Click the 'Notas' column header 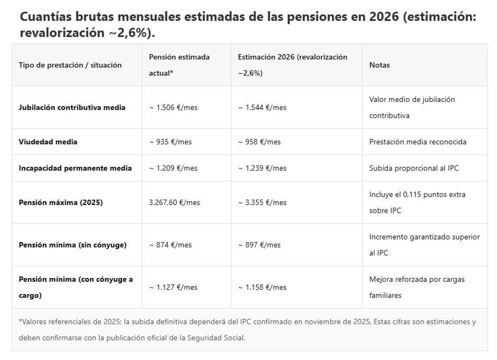click(x=379, y=65)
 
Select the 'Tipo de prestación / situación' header click(x=70, y=65)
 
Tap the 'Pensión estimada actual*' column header click(x=179, y=65)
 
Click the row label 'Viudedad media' click(x=48, y=142)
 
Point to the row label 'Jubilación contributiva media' click(x=72, y=107)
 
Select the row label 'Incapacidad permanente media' click(x=75, y=168)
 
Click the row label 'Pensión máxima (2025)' click(x=60, y=202)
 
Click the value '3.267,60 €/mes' click(x=174, y=202)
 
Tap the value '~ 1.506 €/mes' click(x=173, y=107)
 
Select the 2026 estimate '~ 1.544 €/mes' click(x=262, y=107)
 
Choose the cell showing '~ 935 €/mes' click(x=170, y=142)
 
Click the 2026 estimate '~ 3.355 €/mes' click(x=262, y=202)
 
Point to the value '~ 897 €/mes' click(x=259, y=245)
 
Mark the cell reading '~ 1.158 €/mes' click(x=262, y=287)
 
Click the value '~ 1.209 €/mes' click(x=173, y=168)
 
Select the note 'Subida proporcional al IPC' click(x=414, y=168)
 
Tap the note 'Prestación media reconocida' click(x=417, y=142)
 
